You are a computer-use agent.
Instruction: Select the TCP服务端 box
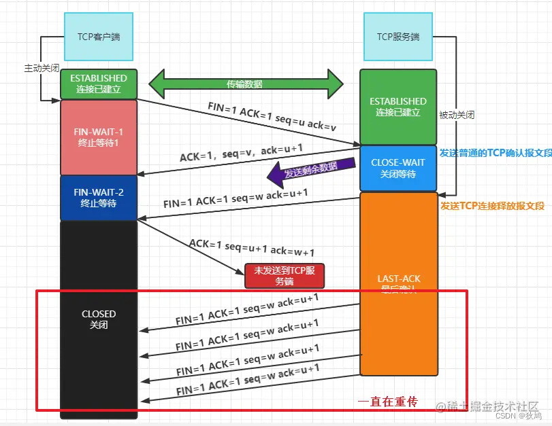(397, 37)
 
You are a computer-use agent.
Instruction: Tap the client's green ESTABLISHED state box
(99, 84)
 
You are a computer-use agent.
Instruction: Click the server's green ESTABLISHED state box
(398, 107)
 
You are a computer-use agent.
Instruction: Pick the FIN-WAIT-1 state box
(99, 137)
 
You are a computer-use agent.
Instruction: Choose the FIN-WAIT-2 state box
(99, 198)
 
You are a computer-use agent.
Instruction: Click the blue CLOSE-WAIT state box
(398, 168)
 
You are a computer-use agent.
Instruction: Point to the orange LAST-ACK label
(399, 279)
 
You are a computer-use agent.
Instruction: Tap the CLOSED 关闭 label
(99, 319)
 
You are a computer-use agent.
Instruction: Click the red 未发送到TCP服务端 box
(285, 275)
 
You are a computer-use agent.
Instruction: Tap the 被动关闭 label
(457, 115)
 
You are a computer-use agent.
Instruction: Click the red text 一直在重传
(387, 402)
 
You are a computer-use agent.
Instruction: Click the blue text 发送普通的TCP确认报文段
(496, 154)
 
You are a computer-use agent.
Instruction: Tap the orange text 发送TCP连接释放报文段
(492, 206)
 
